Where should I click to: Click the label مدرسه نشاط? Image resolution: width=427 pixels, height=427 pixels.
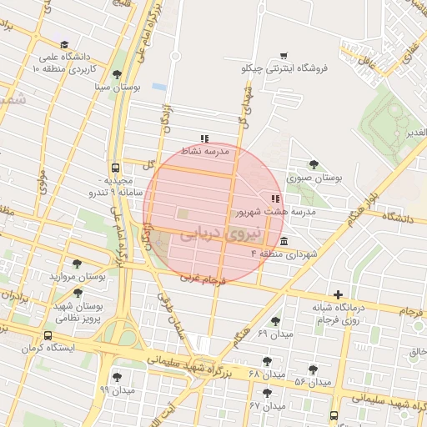(205, 153)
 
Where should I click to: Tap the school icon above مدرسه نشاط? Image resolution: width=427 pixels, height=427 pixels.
(204, 139)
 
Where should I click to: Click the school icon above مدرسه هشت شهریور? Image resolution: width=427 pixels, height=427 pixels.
(274, 198)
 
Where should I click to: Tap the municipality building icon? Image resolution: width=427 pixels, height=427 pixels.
(285, 241)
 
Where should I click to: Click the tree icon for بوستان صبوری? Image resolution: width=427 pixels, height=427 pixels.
(314, 165)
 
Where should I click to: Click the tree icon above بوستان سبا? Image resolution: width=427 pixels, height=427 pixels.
(117, 74)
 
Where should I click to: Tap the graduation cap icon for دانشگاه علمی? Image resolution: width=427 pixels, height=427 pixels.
(65, 45)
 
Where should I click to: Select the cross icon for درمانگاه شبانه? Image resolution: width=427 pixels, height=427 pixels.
(338, 294)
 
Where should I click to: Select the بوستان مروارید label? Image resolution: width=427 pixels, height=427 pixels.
(78, 275)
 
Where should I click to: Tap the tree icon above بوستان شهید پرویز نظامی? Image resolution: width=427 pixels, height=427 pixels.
(78, 294)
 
